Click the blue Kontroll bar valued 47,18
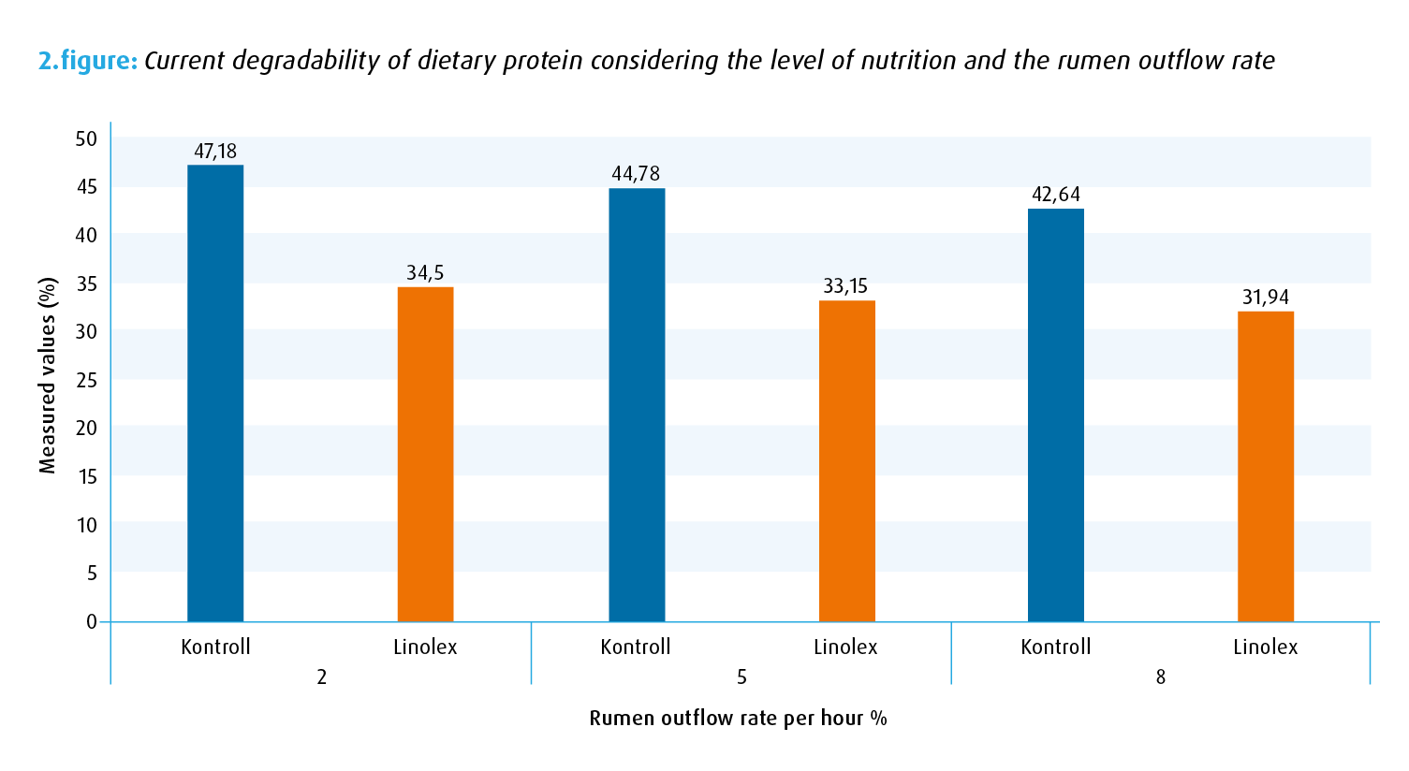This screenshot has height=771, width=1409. click(x=215, y=393)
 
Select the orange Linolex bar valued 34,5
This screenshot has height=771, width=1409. click(x=425, y=454)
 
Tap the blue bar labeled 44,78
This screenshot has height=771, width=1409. click(x=637, y=404)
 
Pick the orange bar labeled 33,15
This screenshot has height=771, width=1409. click(x=846, y=460)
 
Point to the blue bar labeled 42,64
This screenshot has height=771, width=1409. click(x=1056, y=415)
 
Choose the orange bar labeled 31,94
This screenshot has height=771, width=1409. click(x=1266, y=466)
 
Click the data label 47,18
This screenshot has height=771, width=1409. click(x=215, y=151)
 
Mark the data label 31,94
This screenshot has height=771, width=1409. click(x=1266, y=298)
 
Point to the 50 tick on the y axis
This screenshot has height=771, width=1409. click(x=86, y=139)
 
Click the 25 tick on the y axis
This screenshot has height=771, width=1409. click(x=86, y=381)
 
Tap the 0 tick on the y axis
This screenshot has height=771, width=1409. click(x=92, y=621)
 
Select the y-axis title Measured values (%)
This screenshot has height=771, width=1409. click(x=49, y=375)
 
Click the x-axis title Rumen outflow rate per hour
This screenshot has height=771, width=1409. click(x=738, y=719)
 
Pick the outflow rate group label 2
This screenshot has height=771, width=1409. click(x=321, y=677)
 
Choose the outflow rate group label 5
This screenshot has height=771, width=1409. click(x=741, y=677)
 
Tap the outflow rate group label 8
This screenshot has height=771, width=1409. click(x=1161, y=677)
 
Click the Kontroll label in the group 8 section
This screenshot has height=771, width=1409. click(x=1056, y=647)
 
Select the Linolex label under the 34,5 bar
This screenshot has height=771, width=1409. click(x=425, y=647)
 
